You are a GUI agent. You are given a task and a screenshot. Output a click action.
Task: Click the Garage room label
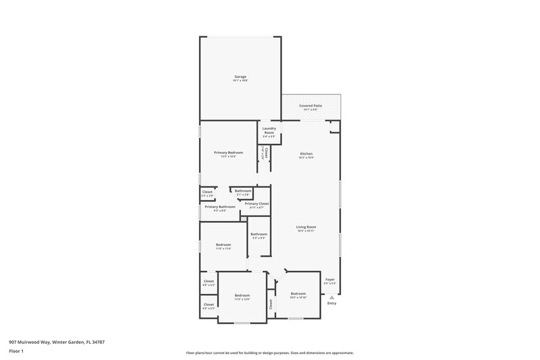[x=240, y=77]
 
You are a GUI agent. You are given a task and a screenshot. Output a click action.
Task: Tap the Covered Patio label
[x=310, y=107]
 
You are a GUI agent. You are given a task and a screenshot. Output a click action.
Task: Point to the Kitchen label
[x=306, y=153]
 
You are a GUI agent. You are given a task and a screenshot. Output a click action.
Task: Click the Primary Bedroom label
[x=228, y=153]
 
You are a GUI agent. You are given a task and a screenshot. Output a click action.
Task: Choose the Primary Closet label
[x=256, y=203]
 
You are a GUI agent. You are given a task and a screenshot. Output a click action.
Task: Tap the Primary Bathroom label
[x=220, y=207]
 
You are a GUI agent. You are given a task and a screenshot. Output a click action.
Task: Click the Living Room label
[x=306, y=227]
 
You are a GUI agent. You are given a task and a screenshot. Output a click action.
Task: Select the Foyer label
[x=330, y=280]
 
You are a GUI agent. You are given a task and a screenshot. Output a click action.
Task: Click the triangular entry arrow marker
[x=331, y=296]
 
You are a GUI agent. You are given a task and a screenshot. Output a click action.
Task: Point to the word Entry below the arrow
[x=331, y=303]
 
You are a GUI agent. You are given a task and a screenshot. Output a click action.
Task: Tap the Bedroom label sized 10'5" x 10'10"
[x=298, y=293]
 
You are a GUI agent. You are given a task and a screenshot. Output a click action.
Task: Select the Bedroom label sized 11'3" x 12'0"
[x=242, y=295]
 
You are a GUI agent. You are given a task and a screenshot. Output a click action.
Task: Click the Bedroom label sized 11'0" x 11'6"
[x=223, y=245]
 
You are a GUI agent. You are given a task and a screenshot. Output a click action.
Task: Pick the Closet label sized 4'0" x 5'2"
[x=209, y=281]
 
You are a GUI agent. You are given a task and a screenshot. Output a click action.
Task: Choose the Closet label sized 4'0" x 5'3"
[x=209, y=305]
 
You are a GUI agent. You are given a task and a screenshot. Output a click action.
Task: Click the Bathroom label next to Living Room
[x=259, y=234]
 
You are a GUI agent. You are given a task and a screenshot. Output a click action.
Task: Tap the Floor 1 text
[x=16, y=351]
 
